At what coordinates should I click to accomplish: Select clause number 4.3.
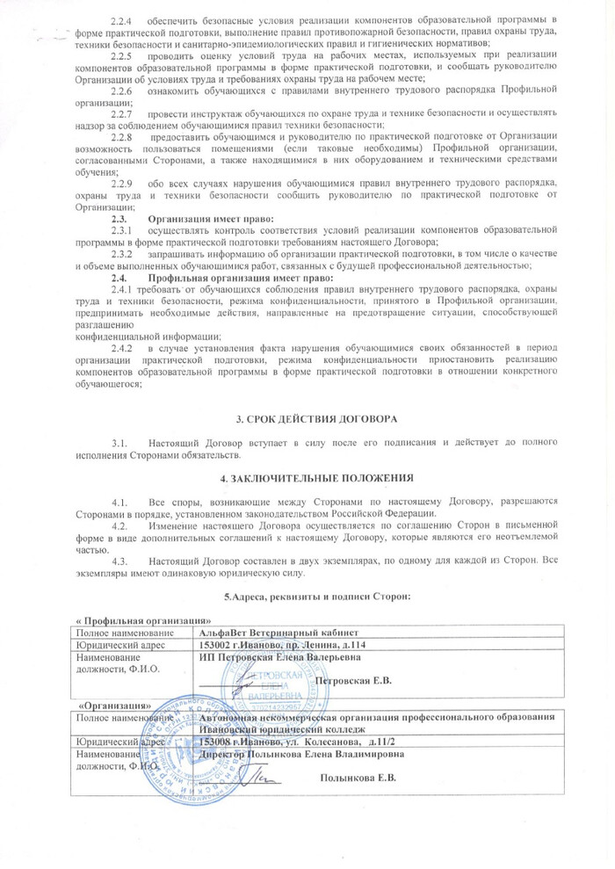(x=118, y=560)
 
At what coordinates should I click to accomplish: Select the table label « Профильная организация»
(x=127, y=620)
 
